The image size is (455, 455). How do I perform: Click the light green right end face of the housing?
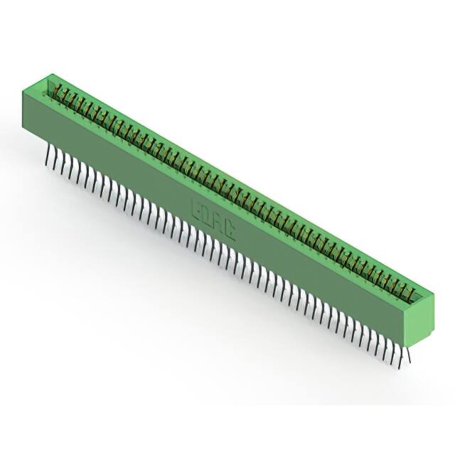tap(424, 316)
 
